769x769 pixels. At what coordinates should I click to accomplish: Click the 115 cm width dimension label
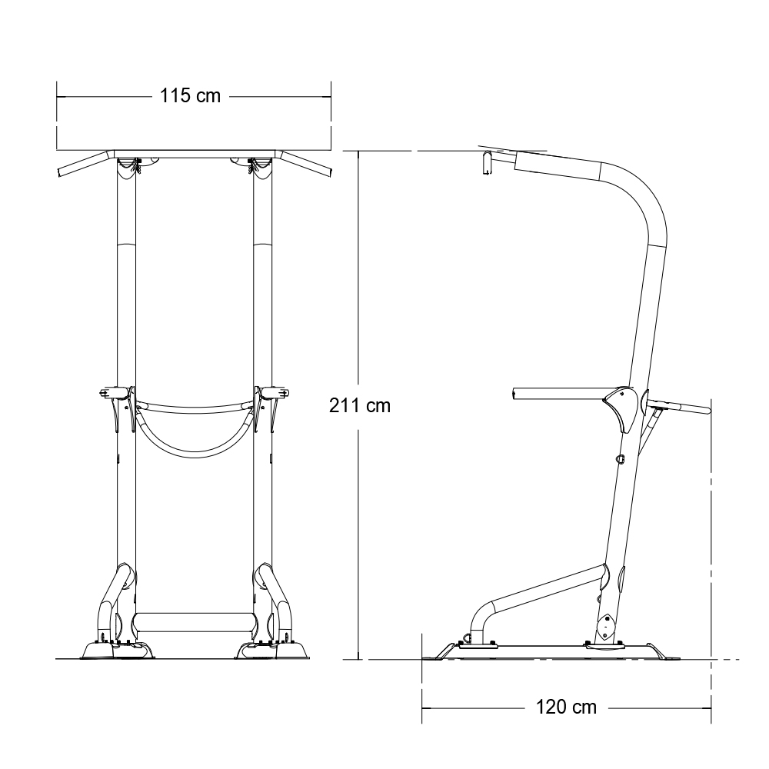pyautogui.click(x=190, y=95)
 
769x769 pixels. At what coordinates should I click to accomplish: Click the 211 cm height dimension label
pyautogui.click(x=359, y=405)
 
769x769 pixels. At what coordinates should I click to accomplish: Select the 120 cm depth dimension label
pyautogui.click(x=566, y=707)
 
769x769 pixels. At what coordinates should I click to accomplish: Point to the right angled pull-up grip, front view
pyautogui.click(x=305, y=165)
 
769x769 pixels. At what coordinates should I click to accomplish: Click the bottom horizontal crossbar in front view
pyautogui.click(x=195, y=622)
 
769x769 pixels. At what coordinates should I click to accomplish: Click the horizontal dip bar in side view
pyautogui.click(x=559, y=394)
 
